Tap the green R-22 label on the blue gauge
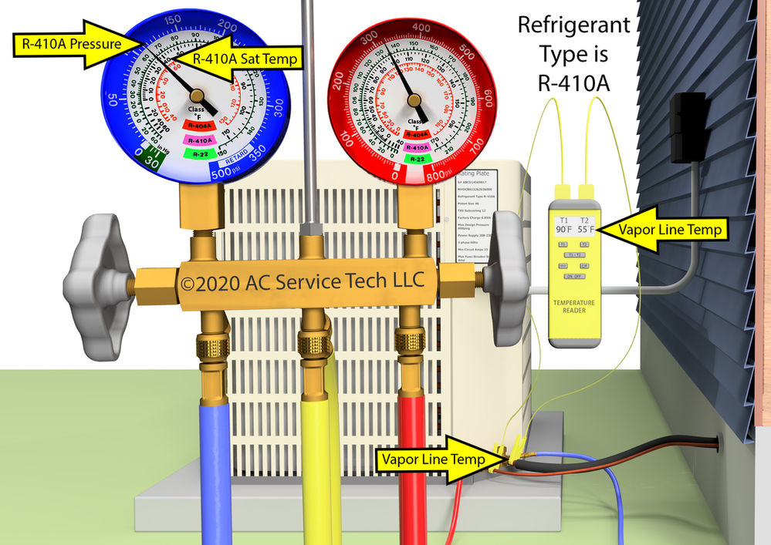pyautogui.click(x=198, y=153)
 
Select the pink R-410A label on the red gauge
pyautogui.click(x=417, y=146)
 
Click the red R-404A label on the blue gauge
pyautogui.click(x=198, y=126)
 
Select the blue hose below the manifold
pyautogui.click(x=212, y=463)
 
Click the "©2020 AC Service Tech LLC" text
pyautogui.click(x=302, y=281)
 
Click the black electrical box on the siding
pyautogui.click(x=688, y=127)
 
